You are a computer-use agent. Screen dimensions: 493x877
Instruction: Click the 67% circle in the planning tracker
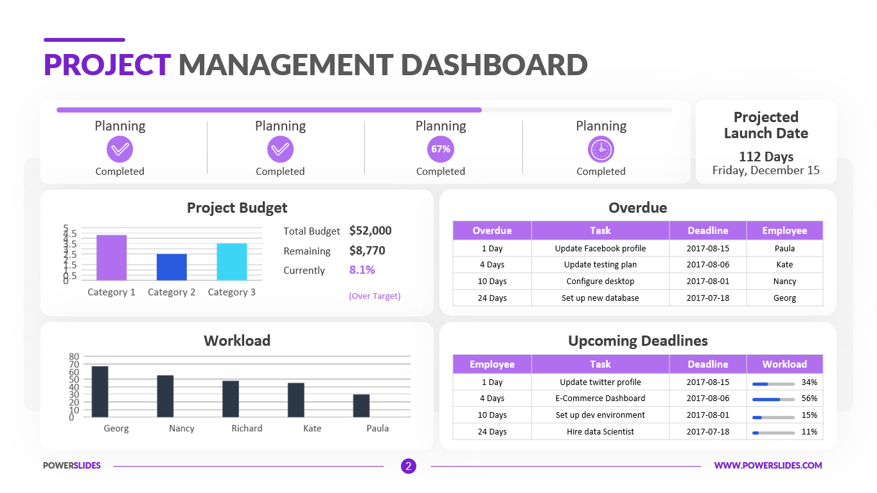click(441, 149)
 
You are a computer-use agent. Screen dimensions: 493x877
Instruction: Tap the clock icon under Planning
click(601, 149)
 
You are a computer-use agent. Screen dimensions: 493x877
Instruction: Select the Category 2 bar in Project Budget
click(172, 267)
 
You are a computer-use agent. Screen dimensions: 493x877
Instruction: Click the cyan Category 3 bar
click(231, 262)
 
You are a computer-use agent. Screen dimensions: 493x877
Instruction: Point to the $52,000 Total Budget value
click(370, 231)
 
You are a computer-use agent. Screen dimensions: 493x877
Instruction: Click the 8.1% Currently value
click(362, 270)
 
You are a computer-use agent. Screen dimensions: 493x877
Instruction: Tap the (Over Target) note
click(375, 296)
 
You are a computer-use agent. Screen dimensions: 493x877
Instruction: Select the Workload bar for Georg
click(100, 391)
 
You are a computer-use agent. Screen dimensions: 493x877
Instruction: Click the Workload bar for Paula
click(361, 406)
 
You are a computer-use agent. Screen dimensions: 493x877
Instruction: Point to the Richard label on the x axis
click(247, 428)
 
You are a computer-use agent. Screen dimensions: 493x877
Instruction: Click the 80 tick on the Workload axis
click(73, 356)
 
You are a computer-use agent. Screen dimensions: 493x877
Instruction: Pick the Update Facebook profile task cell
click(600, 248)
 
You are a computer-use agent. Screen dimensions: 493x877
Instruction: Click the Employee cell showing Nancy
click(784, 281)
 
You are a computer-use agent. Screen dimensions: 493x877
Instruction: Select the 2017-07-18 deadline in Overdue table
click(707, 298)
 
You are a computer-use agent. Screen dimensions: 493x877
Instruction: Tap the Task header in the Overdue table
click(600, 230)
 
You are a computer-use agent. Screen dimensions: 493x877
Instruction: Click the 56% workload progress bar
click(774, 399)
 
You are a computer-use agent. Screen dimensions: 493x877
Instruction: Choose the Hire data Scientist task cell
click(600, 431)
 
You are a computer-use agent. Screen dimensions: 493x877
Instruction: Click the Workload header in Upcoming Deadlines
click(784, 364)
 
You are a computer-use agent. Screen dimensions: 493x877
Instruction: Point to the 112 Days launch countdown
click(766, 157)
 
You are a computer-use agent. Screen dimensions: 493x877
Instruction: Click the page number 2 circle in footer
click(408, 466)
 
